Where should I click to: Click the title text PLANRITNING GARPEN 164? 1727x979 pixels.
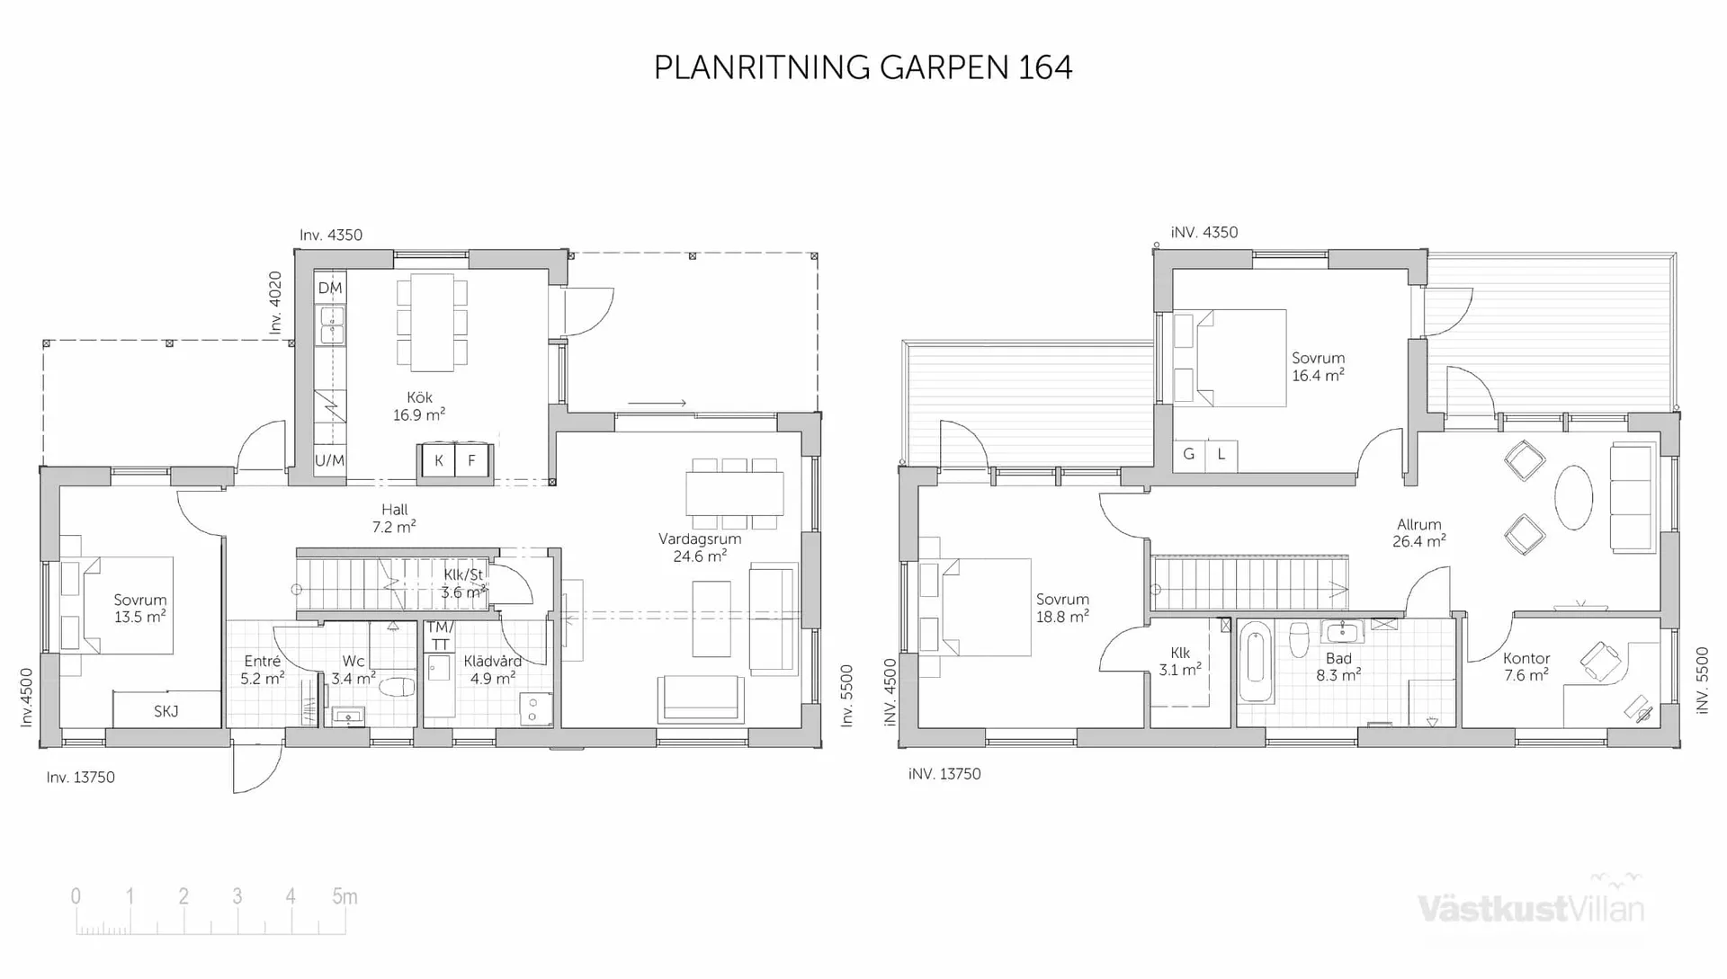pos(863,67)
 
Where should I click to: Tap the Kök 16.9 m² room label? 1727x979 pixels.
pos(419,406)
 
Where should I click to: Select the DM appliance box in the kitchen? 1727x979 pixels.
pos(330,289)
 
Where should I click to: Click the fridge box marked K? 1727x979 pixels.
pos(439,461)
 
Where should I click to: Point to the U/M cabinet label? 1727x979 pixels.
pos(329,460)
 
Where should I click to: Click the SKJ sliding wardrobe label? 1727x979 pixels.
pos(166,711)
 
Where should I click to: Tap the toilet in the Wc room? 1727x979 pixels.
pos(396,688)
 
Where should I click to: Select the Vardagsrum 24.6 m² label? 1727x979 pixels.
pos(700,547)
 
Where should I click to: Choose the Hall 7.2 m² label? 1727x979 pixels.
pos(394,519)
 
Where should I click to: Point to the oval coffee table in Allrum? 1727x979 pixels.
pos(1574,497)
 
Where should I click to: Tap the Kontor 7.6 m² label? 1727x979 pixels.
pos(1526,667)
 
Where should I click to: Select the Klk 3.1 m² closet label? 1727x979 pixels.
pos(1180,662)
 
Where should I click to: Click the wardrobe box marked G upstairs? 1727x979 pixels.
pos(1189,455)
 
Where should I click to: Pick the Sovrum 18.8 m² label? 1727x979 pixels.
pos(1062,608)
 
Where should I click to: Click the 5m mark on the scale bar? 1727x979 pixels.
pos(345,896)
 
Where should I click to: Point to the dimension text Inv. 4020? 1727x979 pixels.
pos(276,303)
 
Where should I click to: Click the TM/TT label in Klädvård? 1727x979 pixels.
pos(440,636)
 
